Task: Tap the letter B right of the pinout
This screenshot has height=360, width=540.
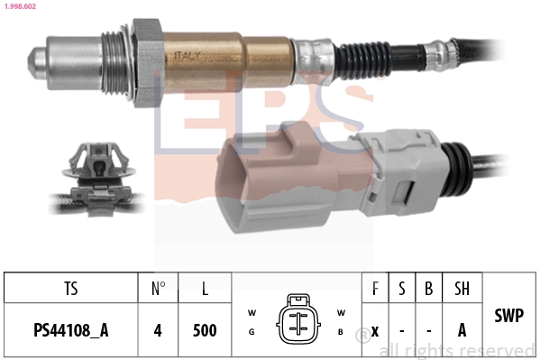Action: point(342,331)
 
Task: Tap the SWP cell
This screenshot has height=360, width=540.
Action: point(509,315)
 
